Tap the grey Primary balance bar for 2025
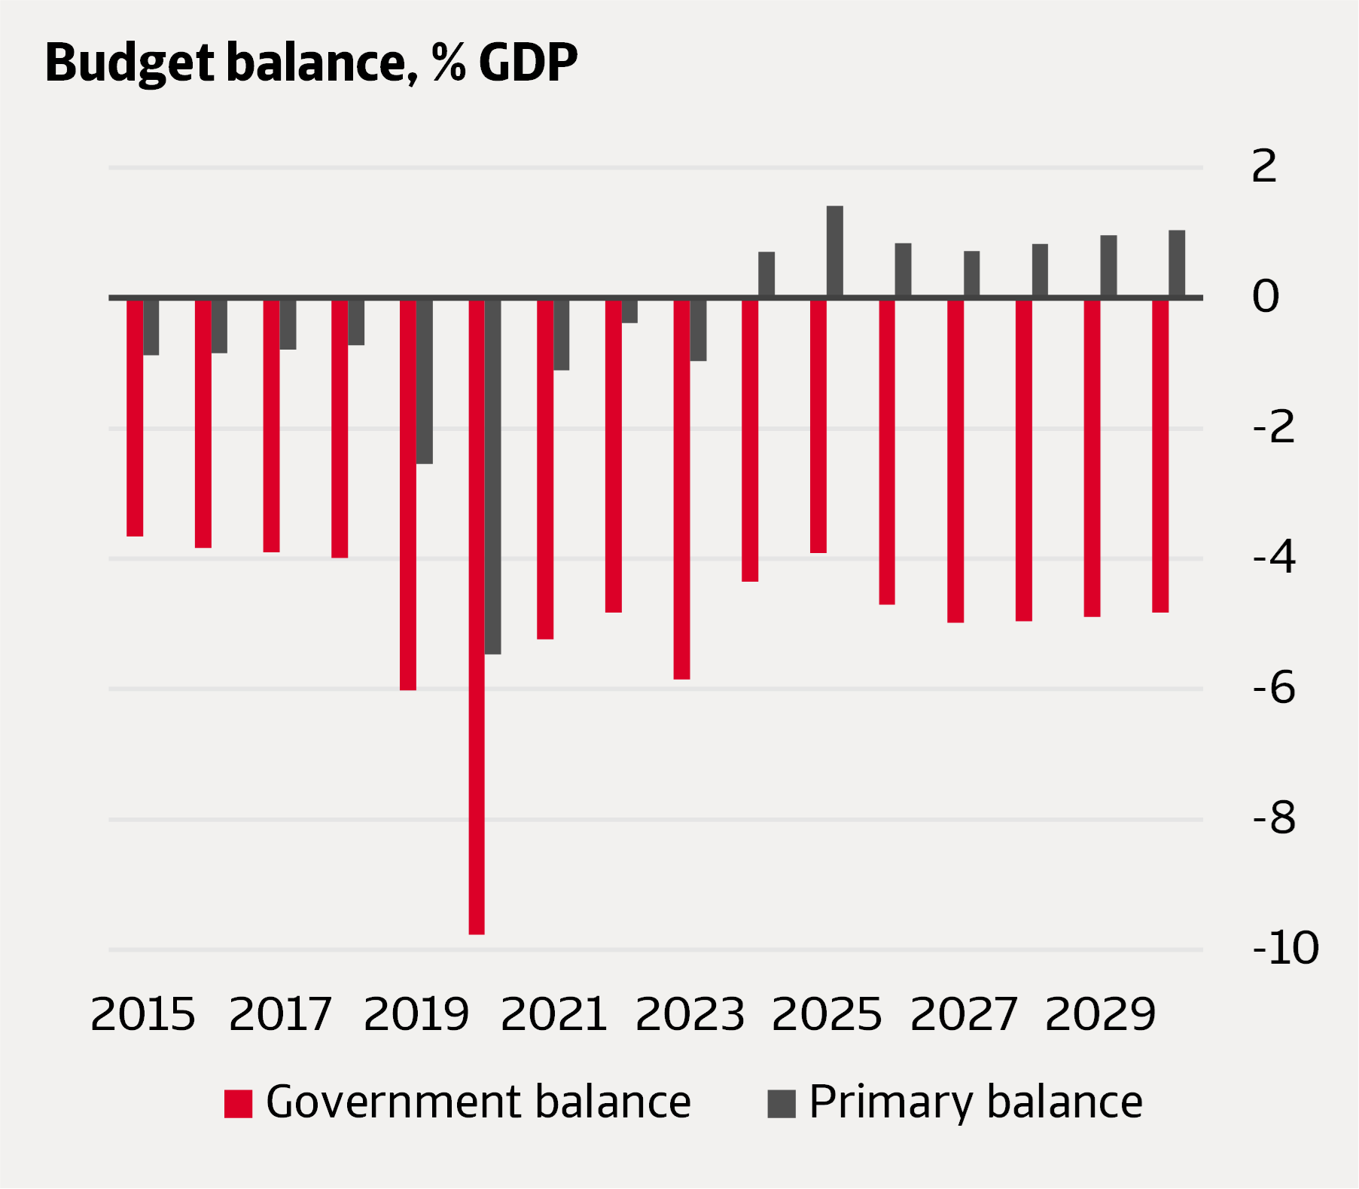click(x=835, y=252)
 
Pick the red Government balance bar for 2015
click(x=135, y=418)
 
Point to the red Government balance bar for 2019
click(x=408, y=494)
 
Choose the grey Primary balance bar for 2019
click(x=425, y=381)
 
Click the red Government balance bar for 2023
click(x=681, y=490)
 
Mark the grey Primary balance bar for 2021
click(x=562, y=335)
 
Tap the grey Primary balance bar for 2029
click(x=1109, y=267)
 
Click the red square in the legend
click(x=238, y=1104)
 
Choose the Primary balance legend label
click(x=976, y=1102)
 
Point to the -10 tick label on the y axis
click(x=1285, y=948)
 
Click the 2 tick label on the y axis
click(x=1265, y=167)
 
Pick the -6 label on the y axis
click(x=1274, y=688)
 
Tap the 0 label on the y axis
click(x=1266, y=297)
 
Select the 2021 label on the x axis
click(x=554, y=1014)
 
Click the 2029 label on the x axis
click(x=1100, y=1014)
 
